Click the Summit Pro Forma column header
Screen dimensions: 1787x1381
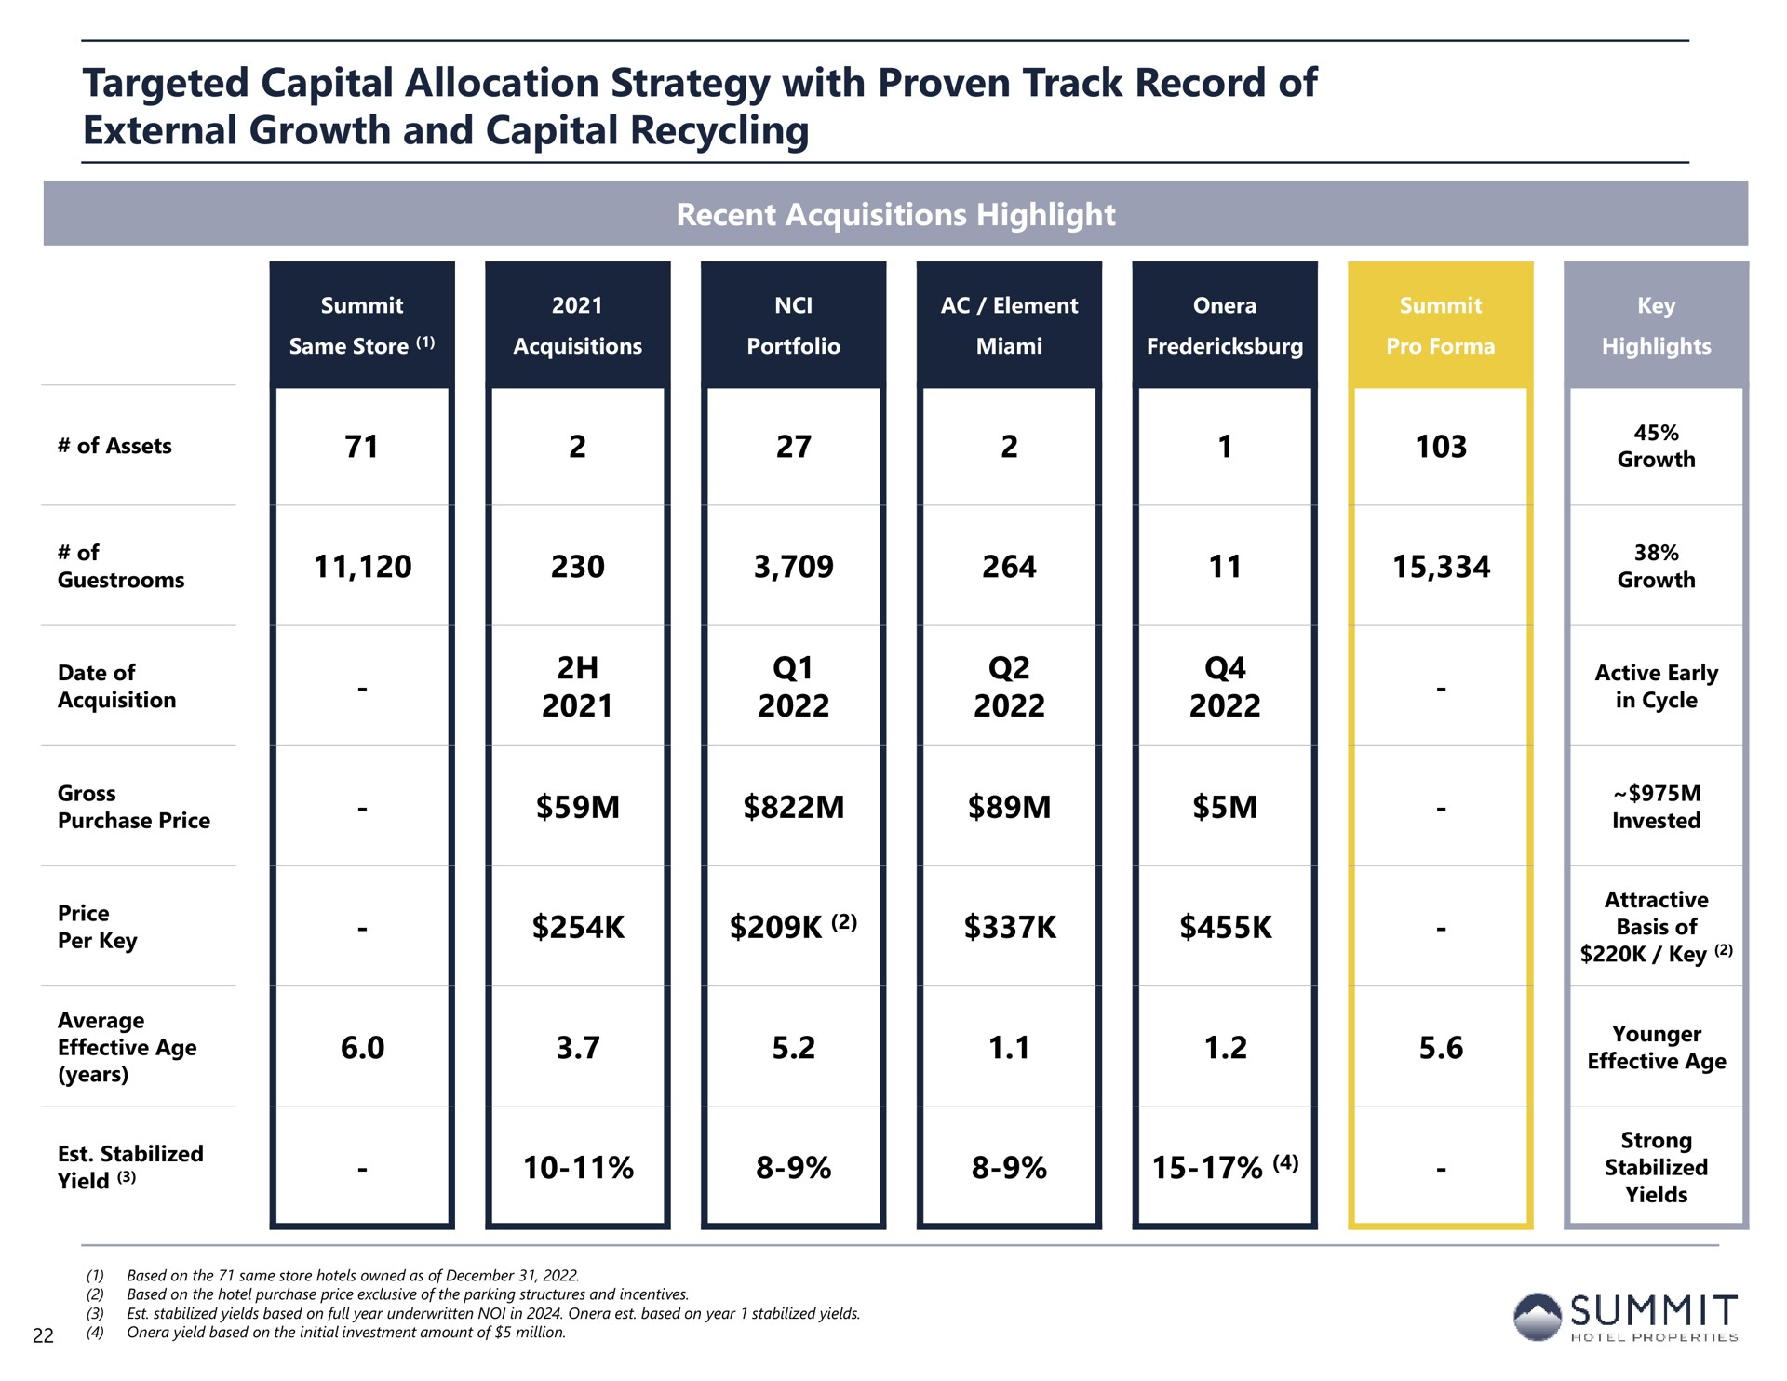[x=1440, y=326]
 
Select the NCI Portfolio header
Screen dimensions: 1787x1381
[x=793, y=326]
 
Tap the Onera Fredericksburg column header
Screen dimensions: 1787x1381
[x=1225, y=326]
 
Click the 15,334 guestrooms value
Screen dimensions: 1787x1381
[x=1441, y=567]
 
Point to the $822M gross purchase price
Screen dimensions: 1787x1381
[x=794, y=807]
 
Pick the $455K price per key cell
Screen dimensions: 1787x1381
[x=1225, y=927]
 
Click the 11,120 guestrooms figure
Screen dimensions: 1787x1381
[x=362, y=567]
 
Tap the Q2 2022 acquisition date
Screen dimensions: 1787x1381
[x=1009, y=687]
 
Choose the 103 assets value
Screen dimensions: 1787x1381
[x=1441, y=447]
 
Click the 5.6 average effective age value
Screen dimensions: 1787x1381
[x=1441, y=1048]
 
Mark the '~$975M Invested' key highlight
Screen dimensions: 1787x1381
[x=1656, y=807]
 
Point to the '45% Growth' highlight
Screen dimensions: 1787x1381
[x=1656, y=446]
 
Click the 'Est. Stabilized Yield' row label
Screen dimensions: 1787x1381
[x=130, y=1167]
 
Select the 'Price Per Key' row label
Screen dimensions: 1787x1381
[x=97, y=927]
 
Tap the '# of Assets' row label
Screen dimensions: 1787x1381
[x=114, y=446]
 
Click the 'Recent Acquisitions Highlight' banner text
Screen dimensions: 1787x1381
[x=895, y=215]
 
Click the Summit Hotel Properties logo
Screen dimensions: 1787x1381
[x=1624, y=1317]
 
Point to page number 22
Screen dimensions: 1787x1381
[x=43, y=1336]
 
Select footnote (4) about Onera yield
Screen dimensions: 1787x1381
[x=326, y=1333]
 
